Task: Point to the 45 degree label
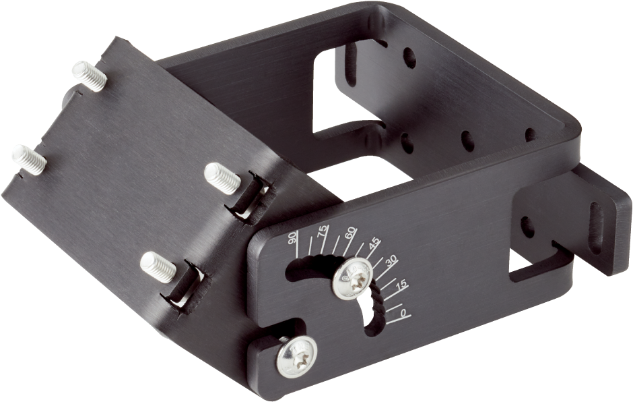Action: pyautogui.click(x=374, y=243)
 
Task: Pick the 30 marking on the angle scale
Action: pyautogui.click(x=391, y=261)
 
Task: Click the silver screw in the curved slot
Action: pyautogui.click(x=352, y=279)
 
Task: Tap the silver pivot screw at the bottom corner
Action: pyautogui.click(x=297, y=357)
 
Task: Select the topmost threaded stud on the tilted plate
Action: pyautogui.click(x=89, y=76)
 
